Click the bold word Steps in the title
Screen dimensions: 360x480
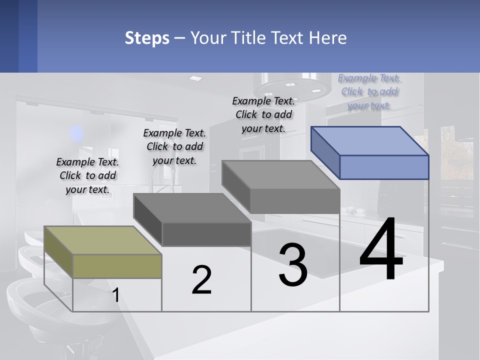tap(147, 38)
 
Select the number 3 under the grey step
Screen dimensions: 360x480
tap(292, 265)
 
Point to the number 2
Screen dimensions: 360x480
tap(201, 280)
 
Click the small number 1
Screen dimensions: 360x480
tap(115, 295)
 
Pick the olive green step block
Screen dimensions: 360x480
tap(103, 252)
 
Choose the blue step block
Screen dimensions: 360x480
tap(370, 152)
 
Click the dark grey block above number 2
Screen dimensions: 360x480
tap(192, 220)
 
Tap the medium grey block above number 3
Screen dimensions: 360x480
tap(281, 187)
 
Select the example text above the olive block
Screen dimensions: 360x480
tap(87, 175)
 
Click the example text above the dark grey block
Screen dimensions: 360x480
tap(174, 146)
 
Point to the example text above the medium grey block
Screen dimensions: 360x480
tap(264, 114)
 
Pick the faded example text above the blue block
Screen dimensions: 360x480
tap(369, 91)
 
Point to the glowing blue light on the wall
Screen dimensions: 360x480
tap(76, 133)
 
